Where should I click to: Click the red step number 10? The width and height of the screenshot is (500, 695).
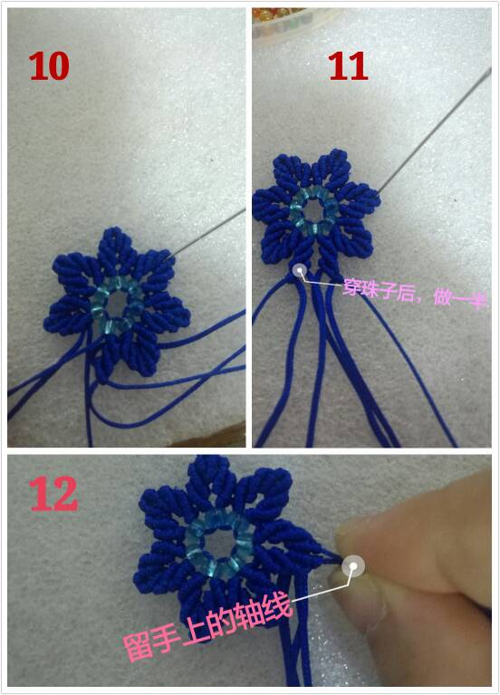[x=49, y=66]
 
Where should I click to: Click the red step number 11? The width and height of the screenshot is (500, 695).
[x=349, y=66]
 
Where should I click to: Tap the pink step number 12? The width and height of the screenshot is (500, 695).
[x=53, y=494]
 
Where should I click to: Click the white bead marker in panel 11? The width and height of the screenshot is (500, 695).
[x=301, y=269]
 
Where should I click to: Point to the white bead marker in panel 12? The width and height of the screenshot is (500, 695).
[x=353, y=566]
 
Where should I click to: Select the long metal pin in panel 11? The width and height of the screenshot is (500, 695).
[x=435, y=130]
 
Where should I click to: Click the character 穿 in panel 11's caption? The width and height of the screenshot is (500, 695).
[x=352, y=287]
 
